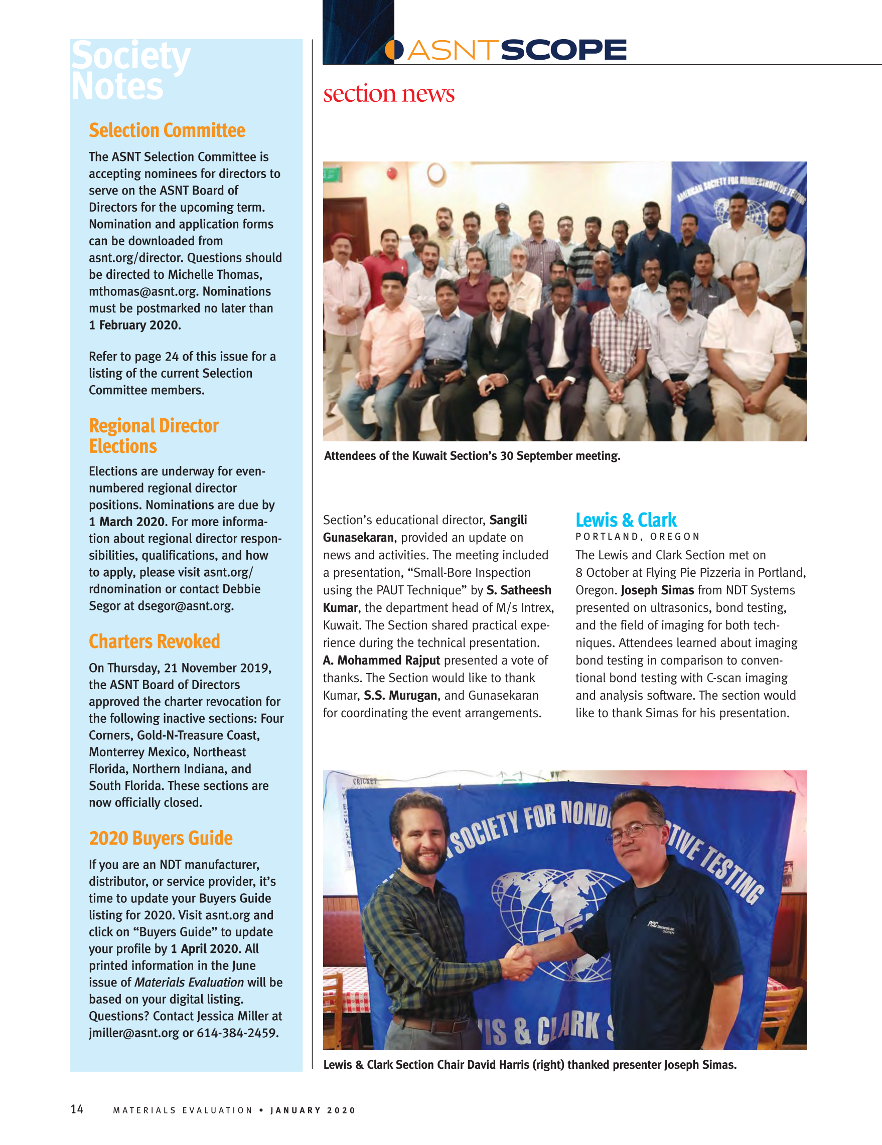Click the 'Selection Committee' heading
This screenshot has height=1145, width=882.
point(167,130)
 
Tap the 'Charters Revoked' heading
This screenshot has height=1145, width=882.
point(154,641)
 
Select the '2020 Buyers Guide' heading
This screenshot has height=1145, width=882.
point(161,838)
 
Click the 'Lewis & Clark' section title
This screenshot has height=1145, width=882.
point(626,520)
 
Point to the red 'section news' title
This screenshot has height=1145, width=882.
point(388,94)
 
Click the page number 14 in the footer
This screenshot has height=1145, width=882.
point(77,1109)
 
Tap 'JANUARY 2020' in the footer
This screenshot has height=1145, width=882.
point(313,1110)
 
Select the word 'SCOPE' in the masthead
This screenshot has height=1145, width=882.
point(564,50)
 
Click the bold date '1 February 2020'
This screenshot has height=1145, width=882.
point(135,325)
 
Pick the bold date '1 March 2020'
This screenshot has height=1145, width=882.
point(128,522)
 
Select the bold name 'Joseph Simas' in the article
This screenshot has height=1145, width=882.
point(657,590)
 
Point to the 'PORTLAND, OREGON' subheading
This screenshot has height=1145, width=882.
point(637,537)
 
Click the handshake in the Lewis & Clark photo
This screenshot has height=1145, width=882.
point(521,962)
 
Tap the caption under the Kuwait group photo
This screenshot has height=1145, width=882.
point(472,455)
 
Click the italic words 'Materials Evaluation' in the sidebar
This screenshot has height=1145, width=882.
point(189,982)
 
